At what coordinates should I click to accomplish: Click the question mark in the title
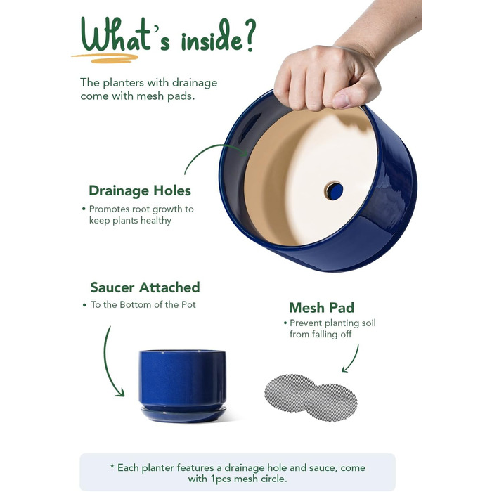[250, 34]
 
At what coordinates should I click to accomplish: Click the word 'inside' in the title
[212, 39]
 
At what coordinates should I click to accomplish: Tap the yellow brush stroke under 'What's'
[105, 58]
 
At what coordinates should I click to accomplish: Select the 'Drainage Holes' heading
[140, 190]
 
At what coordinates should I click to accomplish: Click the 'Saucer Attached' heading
[145, 287]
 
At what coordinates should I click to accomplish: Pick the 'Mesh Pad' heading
[322, 308]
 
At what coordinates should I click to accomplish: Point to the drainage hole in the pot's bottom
[334, 190]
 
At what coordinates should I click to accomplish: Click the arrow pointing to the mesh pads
[352, 358]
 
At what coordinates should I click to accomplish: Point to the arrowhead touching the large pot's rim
[243, 153]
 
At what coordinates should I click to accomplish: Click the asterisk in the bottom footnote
[112, 466]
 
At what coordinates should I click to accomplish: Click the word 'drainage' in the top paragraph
[195, 83]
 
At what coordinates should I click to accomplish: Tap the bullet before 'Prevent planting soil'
[285, 323]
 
